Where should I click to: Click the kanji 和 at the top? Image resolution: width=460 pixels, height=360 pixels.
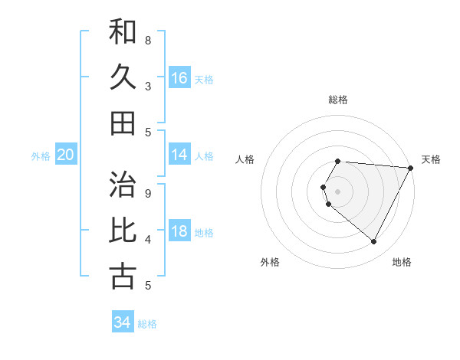tap(123, 32)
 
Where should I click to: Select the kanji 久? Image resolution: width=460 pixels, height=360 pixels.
tap(123, 77)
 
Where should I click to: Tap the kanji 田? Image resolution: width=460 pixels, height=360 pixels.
tap(123, 123)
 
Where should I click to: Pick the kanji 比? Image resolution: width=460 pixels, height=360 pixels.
tap(123, 231)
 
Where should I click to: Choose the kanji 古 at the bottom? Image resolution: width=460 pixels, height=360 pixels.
tap(123, 276)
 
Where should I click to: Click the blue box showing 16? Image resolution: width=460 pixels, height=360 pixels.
tap(179, 78)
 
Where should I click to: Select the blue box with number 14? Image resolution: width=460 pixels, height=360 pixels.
tap(179, 155)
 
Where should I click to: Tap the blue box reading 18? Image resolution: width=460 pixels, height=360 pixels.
tap(179, 231)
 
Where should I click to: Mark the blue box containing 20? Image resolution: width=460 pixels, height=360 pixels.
tap(65, 155)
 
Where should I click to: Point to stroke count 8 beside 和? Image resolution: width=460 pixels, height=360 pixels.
tap(148, 40)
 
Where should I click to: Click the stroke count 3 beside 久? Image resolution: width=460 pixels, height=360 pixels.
tap(148, 86)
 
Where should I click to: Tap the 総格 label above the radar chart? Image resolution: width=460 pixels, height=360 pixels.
tap(338, 100)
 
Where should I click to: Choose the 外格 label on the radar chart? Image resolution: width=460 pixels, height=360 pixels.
tap(270, 262)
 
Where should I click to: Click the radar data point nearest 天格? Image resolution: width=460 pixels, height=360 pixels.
tap(411, 168)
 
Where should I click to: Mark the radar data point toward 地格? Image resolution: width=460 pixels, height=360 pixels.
tap(374, 241)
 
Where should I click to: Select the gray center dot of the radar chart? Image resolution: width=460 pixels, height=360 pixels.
tap(338, 191)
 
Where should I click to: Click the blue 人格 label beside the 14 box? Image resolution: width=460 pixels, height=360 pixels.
tap(204, 156)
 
